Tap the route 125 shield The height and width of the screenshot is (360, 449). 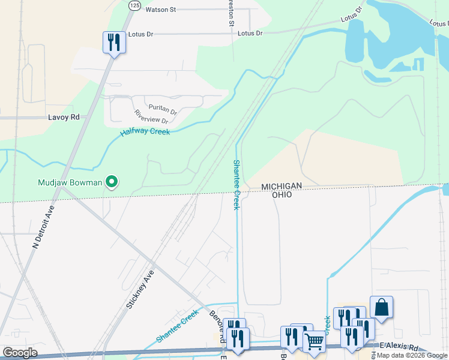click(x=134, y=5)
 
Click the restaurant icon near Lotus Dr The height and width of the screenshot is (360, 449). click(x=114, y=43)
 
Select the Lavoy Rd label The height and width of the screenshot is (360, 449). click(x=64, y=118)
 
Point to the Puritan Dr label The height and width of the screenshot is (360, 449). click(x=163, y=111)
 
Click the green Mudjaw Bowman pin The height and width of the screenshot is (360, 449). click(x=111, y=181)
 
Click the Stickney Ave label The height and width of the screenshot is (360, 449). click(x=140, y=289)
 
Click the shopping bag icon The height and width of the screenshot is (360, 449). click(x=381, y=307)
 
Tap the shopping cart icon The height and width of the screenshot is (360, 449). click(x=315, y=341)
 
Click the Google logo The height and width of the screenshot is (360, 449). click(x=20, y=353)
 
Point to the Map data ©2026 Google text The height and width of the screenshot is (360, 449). click(x=412, y=355)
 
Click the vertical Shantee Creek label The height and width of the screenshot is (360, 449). click(x=237, y=185)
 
